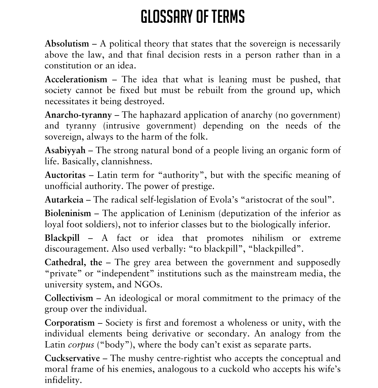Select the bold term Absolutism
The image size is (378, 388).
[67, 43]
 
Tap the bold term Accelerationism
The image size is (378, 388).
[76, 79]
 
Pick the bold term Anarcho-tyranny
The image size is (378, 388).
[78, 115]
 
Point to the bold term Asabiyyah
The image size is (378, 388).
[65, 150]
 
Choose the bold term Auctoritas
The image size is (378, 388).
[65, 175]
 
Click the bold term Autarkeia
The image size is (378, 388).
[64, 199]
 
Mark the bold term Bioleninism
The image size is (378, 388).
[68, 213]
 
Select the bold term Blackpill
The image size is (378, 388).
[62, 238]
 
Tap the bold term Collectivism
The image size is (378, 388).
[69, 298]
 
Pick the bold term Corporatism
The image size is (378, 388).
[70, 323]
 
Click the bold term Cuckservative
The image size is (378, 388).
[72, 358]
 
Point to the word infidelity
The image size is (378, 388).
[63, 380]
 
